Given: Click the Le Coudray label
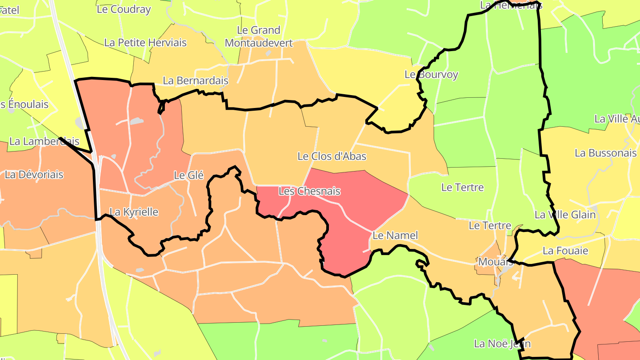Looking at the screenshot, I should coord(124,9).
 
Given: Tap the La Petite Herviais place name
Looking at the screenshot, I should coord(145,43).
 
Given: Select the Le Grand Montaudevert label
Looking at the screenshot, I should coord(259,36).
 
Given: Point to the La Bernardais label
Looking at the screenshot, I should coord(196,81).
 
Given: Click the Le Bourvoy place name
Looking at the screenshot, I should coord(431,75).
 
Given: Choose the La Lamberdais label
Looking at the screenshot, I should coord(44,141).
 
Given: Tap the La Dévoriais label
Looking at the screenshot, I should coord(34,175).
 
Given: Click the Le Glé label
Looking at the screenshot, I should coord(188,176).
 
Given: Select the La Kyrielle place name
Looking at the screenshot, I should coord(134,212).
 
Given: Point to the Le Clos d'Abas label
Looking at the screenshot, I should coord(332,156).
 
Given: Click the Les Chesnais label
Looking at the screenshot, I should coord(309,192).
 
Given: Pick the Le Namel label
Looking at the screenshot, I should coord(395,236).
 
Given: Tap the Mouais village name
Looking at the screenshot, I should coord(489,261).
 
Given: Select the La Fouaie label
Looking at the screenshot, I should coord(565,251).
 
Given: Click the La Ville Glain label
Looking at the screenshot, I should coord(565,215).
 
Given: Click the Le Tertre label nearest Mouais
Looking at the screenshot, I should coord(490,226).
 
